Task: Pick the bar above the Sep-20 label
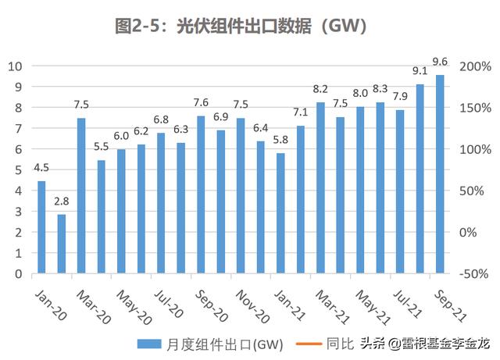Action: [x=201, y=194]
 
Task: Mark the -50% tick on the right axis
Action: [x=473, y=274]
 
